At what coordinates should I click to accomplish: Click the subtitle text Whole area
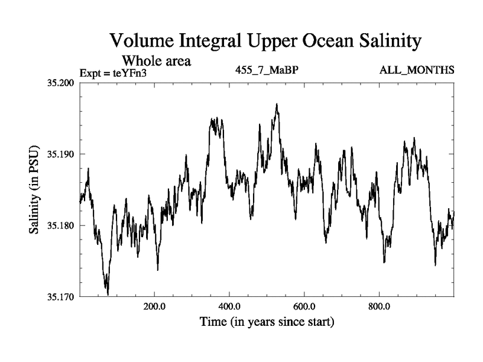coord(156,61)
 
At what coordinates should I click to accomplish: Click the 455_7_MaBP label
coord(267,71)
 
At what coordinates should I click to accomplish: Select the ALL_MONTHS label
coord(417,71)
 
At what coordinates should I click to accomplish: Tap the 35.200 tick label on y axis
coord(59,82)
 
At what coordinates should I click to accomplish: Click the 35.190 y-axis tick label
coord(59,154)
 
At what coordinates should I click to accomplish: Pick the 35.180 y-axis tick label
coord(59,225)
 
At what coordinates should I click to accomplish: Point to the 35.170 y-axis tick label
coord(59,296)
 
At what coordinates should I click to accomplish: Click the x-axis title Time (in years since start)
coord(267,322)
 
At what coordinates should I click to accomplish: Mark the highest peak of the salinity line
coord(277,104)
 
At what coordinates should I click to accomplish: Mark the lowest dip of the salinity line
coord(107,294)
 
